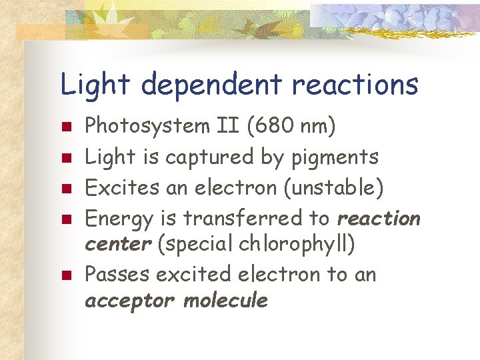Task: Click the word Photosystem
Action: click(x=138, y=125)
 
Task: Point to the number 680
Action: click(x=260, y=125)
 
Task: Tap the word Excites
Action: click(x=120, y=187)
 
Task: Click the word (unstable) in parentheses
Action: click(x=333, y=188)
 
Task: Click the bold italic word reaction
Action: click(x=379, y=218)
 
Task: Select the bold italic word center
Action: click(x=118, y=244)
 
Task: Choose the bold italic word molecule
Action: click(x=226, y=300)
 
